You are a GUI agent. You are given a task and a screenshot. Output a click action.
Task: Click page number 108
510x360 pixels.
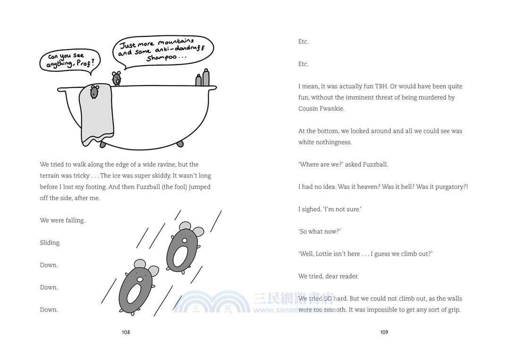coord(126,332)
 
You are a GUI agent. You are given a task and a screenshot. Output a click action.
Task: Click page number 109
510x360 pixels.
coord(384,332)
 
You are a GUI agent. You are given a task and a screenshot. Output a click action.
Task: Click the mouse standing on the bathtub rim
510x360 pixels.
coord(116,78)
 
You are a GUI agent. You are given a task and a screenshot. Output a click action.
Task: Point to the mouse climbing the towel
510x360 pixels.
coord(94,92)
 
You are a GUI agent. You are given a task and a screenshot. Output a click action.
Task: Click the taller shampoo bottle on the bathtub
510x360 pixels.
coord(205,77)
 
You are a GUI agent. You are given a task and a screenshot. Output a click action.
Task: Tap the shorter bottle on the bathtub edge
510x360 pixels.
coord(198,80)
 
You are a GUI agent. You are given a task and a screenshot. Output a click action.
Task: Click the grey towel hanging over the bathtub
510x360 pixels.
coord(96,114)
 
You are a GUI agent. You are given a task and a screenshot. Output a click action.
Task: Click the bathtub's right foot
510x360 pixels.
coord(180,144)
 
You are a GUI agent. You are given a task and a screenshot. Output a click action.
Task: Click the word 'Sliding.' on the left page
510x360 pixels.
coord(50,243)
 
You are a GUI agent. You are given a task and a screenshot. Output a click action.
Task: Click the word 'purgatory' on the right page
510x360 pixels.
coord(450,187)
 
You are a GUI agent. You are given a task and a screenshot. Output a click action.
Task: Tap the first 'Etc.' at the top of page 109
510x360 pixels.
coord(303,42)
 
